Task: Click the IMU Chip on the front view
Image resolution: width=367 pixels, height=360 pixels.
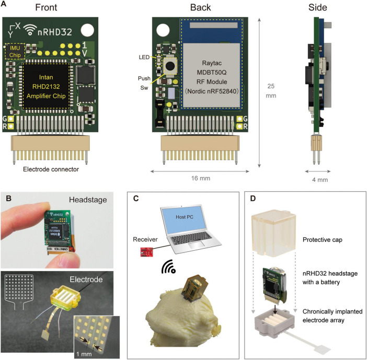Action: [x=15, y=51]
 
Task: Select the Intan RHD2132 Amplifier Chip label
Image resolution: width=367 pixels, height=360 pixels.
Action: [x=46, y=87]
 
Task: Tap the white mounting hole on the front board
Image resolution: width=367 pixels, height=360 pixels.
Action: [x=87, y=30]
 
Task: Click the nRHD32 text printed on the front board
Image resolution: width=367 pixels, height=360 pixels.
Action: [x=55, y=32]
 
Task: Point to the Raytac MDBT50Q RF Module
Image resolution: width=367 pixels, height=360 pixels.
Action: [x=212, y=64]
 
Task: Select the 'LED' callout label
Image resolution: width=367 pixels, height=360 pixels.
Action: [x=144, y=57]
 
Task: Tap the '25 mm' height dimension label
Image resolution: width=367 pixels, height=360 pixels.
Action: [x=271, y=91]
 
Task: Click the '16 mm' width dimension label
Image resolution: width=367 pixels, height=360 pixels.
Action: [x=201, y=178]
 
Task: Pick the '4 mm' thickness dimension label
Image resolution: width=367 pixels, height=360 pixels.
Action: [x=320, y=180]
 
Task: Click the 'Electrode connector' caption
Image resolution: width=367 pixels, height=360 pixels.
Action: [x=51, y=169]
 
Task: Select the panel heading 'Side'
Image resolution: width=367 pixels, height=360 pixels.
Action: [x=317, y=7]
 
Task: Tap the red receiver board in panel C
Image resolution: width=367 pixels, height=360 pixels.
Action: [x=146, y=252]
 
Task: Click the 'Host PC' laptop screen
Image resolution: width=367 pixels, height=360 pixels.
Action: [x=185, y=219]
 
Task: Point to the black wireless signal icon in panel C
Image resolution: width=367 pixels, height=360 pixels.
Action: [x=168, y=266]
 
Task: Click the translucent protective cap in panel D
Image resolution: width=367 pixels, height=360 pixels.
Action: [x=274, y=233]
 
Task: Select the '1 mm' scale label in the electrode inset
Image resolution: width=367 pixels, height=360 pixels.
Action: [x=84, y=354]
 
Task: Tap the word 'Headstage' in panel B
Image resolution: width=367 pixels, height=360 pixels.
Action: [x=88, y=200]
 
